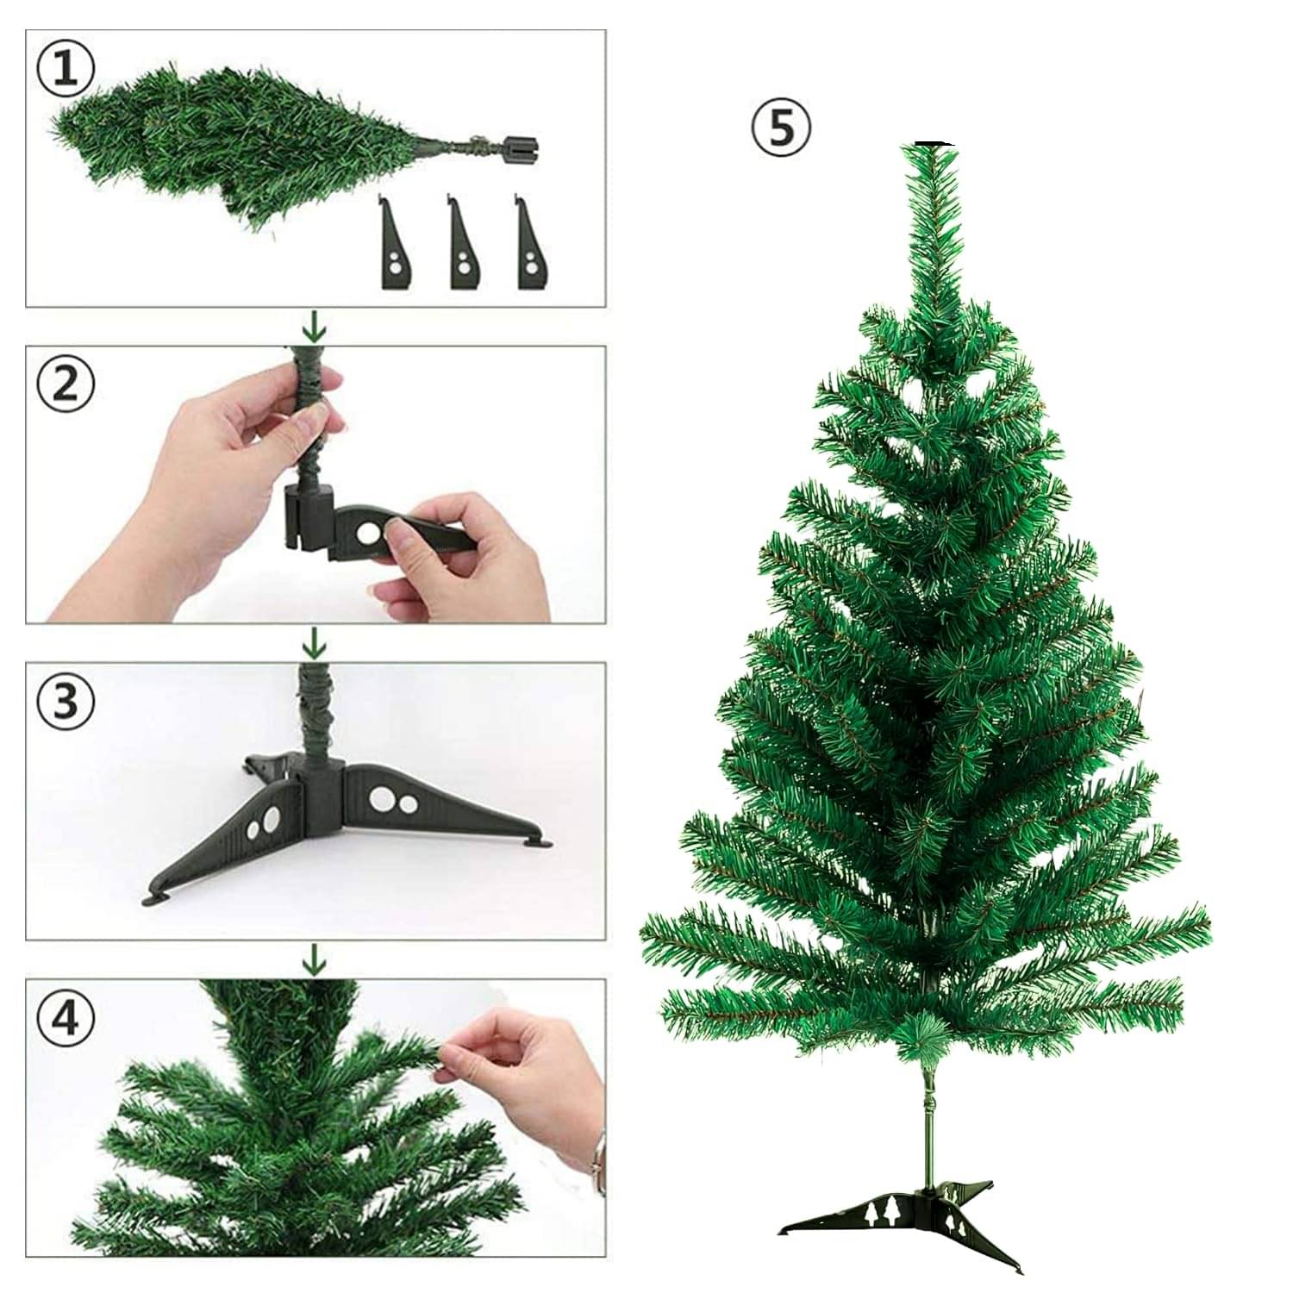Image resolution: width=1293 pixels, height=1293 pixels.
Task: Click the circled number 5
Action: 781,128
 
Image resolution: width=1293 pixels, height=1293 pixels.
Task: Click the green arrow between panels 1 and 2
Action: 316,327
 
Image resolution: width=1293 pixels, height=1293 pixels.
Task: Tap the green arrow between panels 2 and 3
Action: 316,642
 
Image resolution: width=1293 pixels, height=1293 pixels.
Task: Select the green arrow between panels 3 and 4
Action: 316,958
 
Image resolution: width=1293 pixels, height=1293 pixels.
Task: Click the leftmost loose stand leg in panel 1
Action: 393,246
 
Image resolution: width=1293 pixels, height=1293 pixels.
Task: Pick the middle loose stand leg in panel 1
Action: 463,246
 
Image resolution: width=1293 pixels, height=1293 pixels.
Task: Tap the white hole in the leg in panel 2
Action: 372,534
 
